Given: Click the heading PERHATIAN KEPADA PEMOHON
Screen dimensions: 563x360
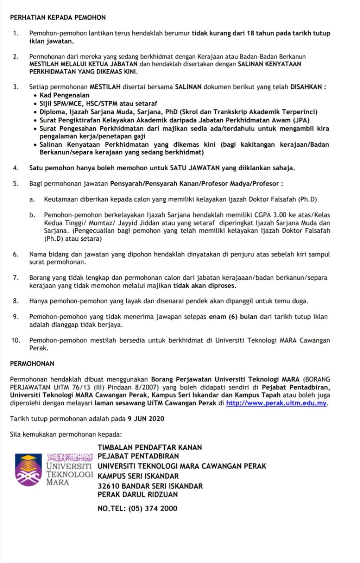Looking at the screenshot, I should pyautogui.click(x=58, y=17).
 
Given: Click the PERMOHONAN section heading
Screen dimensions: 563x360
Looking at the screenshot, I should pyautogui.click(x=32, y=363).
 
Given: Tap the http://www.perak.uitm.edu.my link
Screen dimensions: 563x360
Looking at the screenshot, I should pyautogui.click(x=277, y=403).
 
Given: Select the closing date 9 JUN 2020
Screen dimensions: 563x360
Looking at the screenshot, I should pyautogui.click(x=146, y=419).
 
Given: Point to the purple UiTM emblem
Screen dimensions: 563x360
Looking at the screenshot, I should pyautogui.click(x=28, y=470).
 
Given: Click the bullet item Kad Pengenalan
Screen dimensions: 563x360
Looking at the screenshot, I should pyautogui.click(x=64, y=95).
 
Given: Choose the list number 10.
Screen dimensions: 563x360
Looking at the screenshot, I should pyautogui.click(x=16, y=340).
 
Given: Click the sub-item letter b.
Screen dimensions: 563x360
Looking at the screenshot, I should pyautogui.click(x=32, y=215).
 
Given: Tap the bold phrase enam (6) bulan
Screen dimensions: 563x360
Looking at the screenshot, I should pyautogui.click(x=233, y=317).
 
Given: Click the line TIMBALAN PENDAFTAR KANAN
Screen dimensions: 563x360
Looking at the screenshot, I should pyautogui.click(x=150, y=447).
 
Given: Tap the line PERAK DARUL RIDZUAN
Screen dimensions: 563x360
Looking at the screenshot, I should pyautogui.click(x=138, y=494).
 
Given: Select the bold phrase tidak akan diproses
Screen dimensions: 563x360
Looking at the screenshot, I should pyautogui.click(x=204, y=286).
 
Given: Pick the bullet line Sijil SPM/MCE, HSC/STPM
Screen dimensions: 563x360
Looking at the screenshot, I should pyautogui.click(x=98, y=103).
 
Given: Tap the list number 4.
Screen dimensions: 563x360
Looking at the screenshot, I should pyautogui.click(x=15, y=168).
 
